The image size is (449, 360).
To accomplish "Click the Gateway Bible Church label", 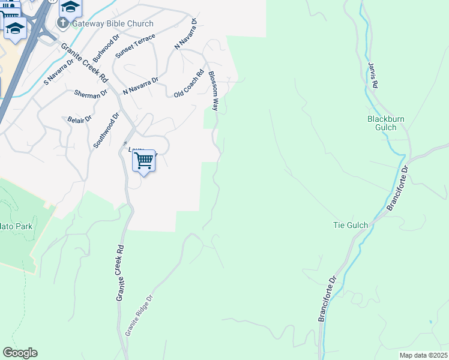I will [113, 23].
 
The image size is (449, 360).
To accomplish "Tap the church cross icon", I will [62, 23].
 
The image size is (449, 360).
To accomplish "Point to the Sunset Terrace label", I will [135, 46].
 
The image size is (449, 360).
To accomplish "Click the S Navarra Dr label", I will [58, 70].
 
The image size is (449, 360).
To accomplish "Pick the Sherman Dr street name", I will [90, 93].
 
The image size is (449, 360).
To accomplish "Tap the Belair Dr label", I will [79, 119].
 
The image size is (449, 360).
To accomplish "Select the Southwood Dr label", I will [106, 129].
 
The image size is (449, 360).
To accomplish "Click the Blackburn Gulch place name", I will [386, 123].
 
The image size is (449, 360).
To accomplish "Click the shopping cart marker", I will [144, 161].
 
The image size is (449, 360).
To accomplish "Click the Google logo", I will [20, 353].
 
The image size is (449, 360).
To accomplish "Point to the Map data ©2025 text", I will [423, 355].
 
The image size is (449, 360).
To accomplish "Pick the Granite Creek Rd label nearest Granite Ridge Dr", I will [120, 272].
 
